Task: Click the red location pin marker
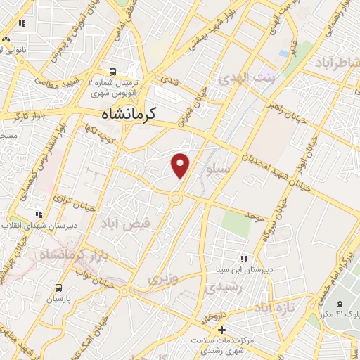tap(181, 165)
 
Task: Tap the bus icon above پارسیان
tap(58, 287)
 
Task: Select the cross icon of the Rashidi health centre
tap(221, 330)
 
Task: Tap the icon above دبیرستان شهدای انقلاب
tap(39, 214)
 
